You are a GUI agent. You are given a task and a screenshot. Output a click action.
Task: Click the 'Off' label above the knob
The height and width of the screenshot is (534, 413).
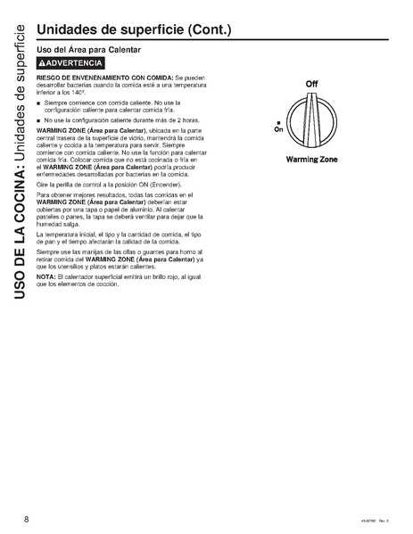(312, 83)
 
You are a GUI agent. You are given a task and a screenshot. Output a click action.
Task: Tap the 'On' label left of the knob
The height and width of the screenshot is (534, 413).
(279, 128)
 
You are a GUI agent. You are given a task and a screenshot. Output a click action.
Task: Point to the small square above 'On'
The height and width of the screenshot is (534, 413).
(280, 121)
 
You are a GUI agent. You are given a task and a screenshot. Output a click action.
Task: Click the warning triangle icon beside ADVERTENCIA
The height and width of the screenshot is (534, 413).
(42, 65)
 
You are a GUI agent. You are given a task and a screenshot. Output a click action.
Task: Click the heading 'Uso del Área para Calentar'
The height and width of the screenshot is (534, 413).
(88, 50)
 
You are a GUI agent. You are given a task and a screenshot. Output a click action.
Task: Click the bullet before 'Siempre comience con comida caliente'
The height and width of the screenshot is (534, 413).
(39, 104)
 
